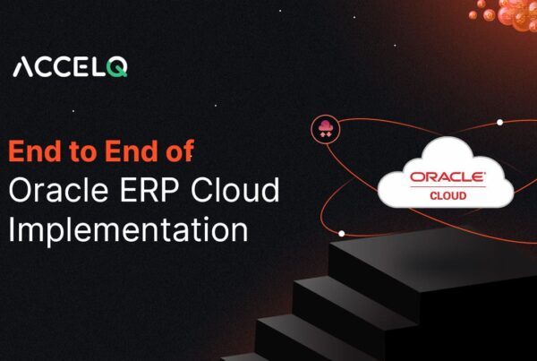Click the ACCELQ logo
(x=70, y=67)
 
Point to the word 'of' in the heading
(x=179, y=152)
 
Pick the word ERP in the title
(x=146, y=190)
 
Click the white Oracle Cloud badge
(x=445, y=174)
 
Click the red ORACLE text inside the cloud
(x=447, y=176)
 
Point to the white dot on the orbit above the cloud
(x=499, y=122)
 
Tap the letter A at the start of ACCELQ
(x=22, y=67)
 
